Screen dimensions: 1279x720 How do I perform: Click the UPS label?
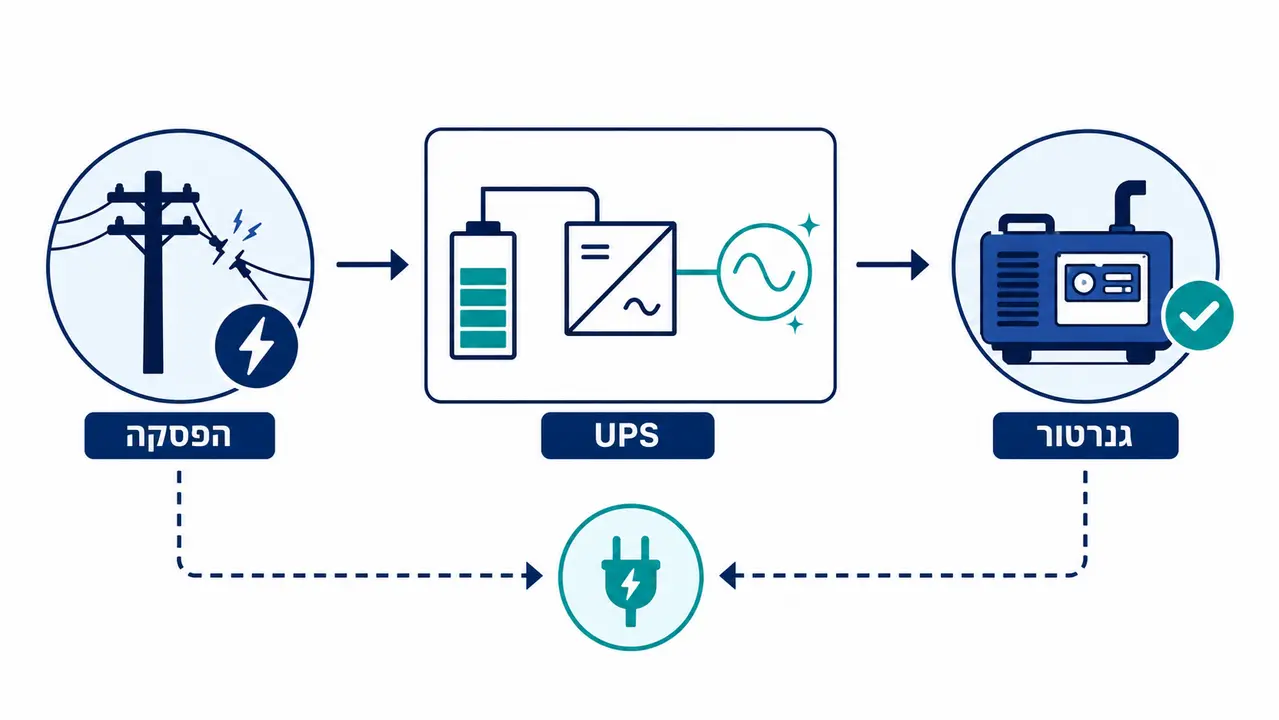pos(627,436)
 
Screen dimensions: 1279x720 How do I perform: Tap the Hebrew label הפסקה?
pos(179,436)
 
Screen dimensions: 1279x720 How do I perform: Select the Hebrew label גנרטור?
pos(1085,436)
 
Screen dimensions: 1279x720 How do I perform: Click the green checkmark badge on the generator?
pos(1198,316)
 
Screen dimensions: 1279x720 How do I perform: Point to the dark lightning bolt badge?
pos(256,346)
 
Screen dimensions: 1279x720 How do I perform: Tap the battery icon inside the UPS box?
pos(483,290)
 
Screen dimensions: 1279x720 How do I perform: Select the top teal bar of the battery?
pos(483,276)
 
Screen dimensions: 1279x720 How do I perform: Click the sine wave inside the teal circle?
pos(764,272)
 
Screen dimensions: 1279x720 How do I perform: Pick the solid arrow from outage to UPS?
pos(372,264)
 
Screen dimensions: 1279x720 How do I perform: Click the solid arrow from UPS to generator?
pos(892,264)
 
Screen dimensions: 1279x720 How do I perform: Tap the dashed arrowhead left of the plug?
pos(534,576)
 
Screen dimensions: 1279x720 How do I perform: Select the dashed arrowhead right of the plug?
pos(727,576)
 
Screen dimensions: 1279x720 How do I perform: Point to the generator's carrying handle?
pos(1027,224)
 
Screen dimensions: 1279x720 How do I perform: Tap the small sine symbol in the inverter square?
pos(642,307)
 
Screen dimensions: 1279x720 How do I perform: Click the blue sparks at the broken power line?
pos(246,225)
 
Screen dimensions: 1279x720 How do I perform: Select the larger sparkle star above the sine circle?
pos(809,225)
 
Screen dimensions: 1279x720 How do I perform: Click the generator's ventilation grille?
pos(1017,288)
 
